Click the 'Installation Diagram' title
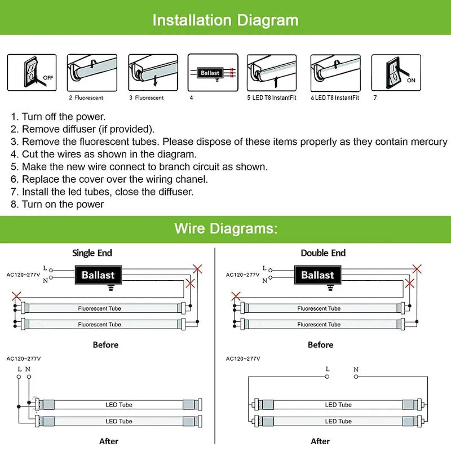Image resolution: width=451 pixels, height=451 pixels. click(x=225, y=20)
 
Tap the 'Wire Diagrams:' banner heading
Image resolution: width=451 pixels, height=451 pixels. click(x=225, y=228)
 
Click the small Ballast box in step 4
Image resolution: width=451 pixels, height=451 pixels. click(x=210, y=73)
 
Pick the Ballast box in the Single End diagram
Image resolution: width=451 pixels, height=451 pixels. click(x=98, y=275)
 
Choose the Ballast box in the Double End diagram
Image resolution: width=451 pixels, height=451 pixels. click(x=317, y=275)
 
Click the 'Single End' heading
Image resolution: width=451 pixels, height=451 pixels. click(x=92, y=253)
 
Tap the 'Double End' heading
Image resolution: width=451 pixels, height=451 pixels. click(x=323, y=253)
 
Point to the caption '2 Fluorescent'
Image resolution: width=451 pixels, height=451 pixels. click(x=86, y=98)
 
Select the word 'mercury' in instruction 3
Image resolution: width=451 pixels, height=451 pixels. click(x=428, y=142)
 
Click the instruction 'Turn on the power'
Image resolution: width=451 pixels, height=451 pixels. click(x=63, y=204)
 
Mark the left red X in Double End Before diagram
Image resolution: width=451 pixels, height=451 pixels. click(x=236, y=296)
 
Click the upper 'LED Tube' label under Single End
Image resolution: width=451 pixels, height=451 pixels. click(x=118, y=405)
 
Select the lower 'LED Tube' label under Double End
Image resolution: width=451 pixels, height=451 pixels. click(x=338, y=421)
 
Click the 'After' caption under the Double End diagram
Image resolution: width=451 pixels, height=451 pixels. click(x=320, y=441)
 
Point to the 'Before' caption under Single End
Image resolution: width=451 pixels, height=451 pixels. click(x=105, y=344)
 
